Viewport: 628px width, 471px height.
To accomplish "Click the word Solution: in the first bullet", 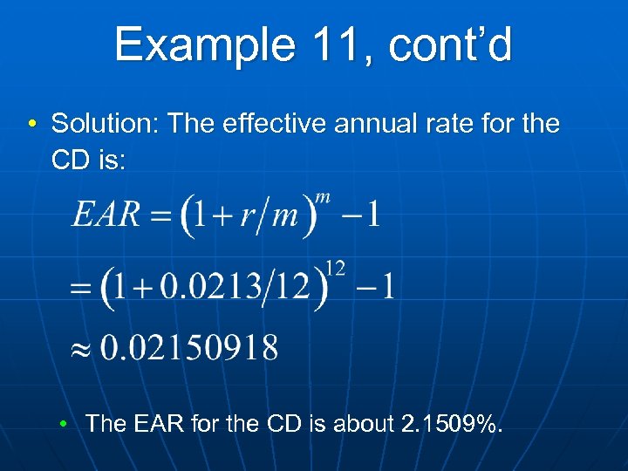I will click(106, 124).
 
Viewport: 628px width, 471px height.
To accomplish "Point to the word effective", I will click(277, 124).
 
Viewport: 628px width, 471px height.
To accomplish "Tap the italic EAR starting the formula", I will click(106, 215).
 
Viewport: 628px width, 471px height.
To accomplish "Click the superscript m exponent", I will click(323, 197).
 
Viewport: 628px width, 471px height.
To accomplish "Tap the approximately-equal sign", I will click(81, 350).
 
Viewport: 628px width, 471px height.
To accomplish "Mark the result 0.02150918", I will click(189, 349).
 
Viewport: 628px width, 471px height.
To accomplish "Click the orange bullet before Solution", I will click(31, 124).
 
